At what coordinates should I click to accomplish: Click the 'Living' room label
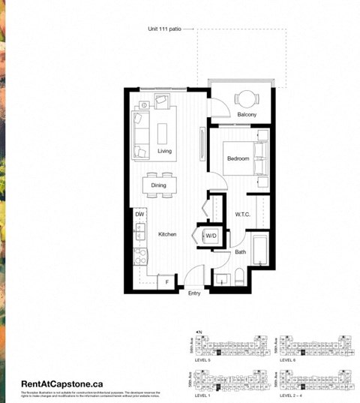click(164, 151)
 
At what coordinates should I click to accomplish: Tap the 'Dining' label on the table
click(159, 185)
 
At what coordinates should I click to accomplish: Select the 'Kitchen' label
click(166, 235)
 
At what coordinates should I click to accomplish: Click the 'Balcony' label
click(247, 115)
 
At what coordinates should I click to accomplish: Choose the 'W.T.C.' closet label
click(242, 215)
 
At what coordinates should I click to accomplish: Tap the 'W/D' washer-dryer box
click(211, 236)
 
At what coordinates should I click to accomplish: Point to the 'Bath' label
click(240, 252)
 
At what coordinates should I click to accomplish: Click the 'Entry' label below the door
click(194, 293)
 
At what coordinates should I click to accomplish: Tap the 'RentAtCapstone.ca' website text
click(62, 383)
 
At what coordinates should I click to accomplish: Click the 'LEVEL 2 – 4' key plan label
click(292, 394)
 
